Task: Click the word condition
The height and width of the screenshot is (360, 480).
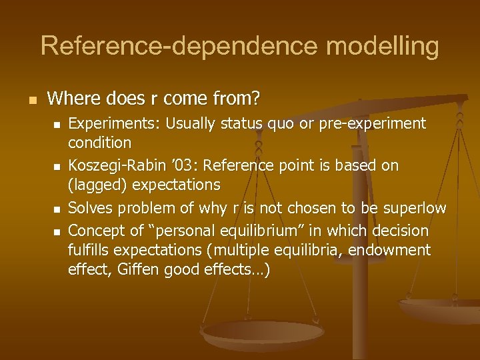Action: point(100,142)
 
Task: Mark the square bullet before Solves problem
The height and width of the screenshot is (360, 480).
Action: point(57,209)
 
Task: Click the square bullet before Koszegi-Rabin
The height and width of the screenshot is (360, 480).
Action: point(57,167)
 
